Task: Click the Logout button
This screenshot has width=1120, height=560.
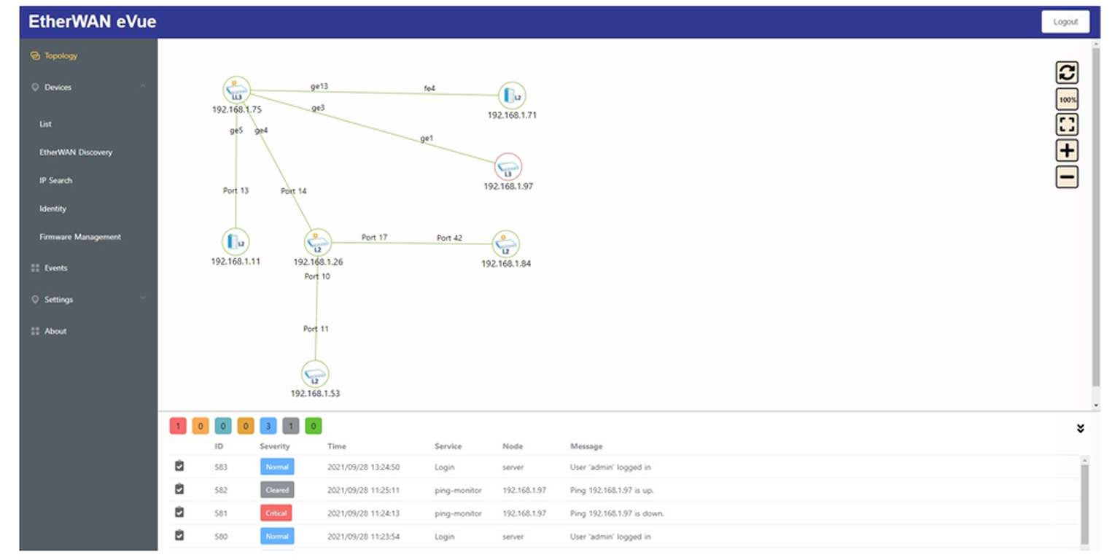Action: tap(1065, 22)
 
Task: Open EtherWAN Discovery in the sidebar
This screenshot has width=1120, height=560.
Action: tap(76, 152)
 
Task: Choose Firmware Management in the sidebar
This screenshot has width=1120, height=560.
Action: tap(80, 237)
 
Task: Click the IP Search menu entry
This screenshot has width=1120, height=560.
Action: tap(56, 181)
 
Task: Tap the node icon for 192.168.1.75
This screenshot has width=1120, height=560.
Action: tap(236, 90)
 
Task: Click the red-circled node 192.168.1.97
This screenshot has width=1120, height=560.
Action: tap(508, 167)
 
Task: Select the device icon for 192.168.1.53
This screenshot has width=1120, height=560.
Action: tap(315, 374)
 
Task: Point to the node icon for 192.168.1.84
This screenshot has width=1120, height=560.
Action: tap(506, 244)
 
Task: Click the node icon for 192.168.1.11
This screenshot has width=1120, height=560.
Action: tap(236, 242)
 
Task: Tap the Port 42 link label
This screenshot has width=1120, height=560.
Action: tap(449, 238)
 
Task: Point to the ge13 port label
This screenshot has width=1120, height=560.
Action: tap(319, 86)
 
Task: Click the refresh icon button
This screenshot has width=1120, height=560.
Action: tap(1067, 72)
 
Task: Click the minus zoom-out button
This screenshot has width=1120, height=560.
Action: tap(1067, 177)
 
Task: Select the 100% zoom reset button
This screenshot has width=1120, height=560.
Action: tap(1067, 99)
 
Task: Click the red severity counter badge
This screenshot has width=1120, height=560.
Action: tap(178, 426)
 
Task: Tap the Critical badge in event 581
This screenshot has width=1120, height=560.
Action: tap(276, 513)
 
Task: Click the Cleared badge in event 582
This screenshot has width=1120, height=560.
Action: tap(277, 490)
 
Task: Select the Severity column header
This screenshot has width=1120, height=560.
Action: tap(274, 446)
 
